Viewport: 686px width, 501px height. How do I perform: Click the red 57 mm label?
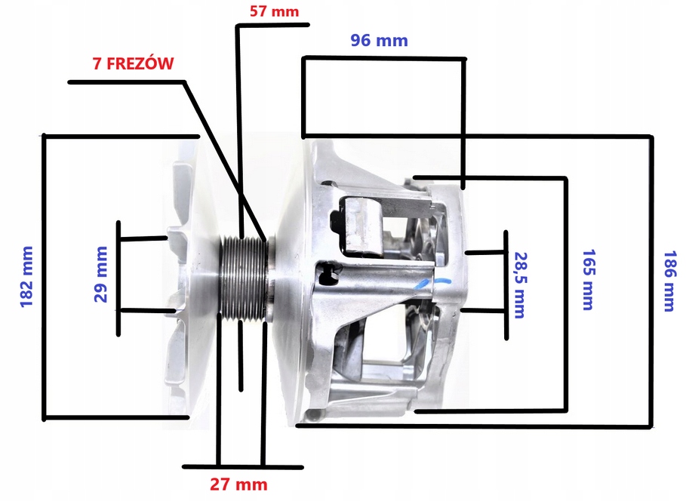click(274, 11)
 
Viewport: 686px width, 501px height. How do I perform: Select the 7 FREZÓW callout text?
click(134, 63)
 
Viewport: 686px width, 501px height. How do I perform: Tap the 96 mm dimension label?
click(379, 40)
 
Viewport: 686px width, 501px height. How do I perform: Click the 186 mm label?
click(669, 281)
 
